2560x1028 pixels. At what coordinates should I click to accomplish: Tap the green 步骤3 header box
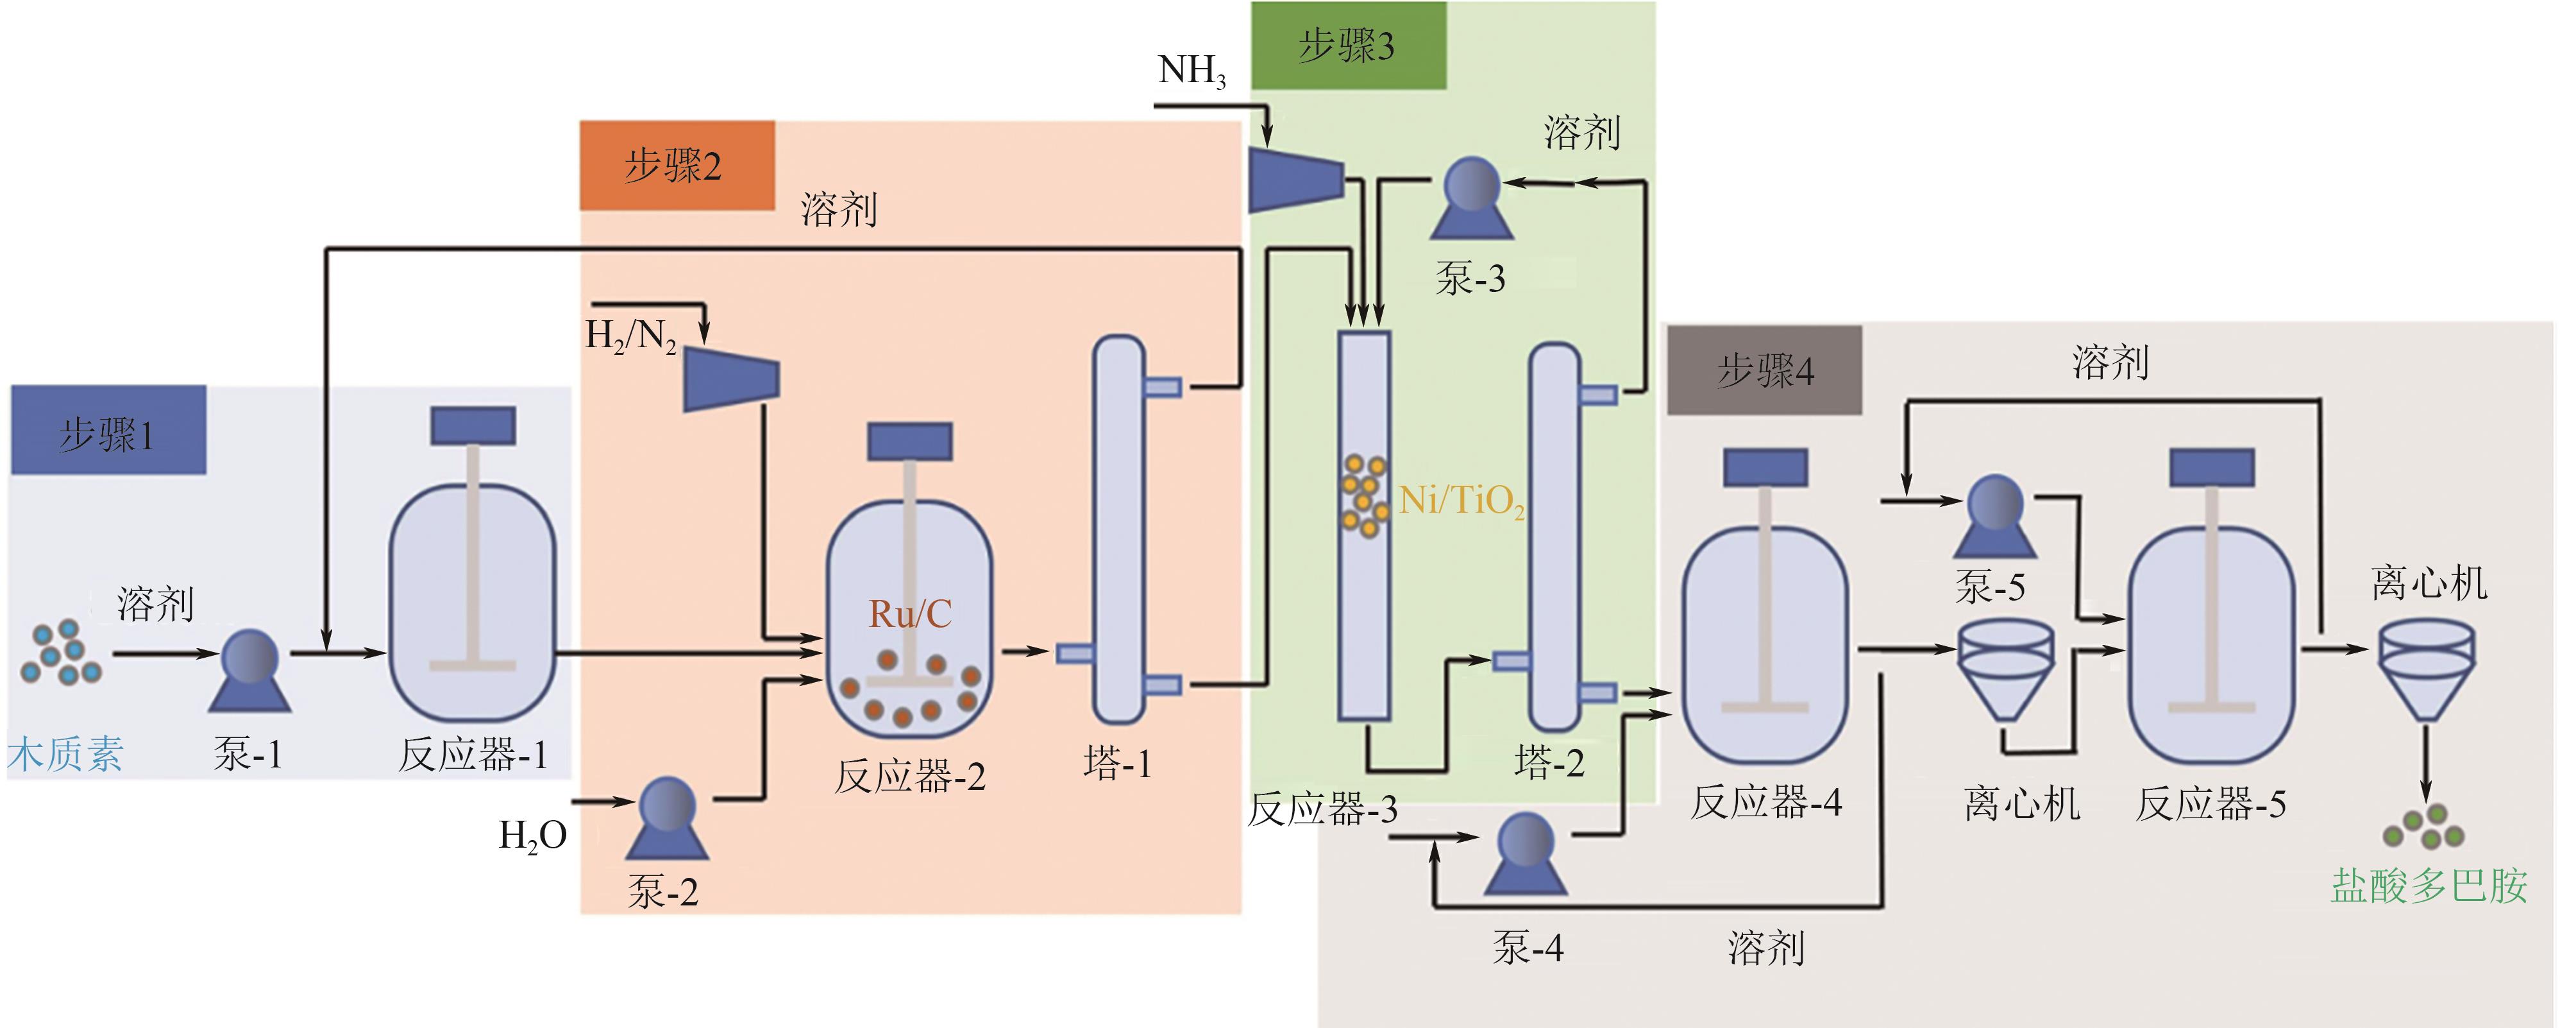[1347, 46]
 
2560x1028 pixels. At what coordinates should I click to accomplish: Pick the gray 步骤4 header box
[1764, 370]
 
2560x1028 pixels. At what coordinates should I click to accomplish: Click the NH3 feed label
[1191, 72]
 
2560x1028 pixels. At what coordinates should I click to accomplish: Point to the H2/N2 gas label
[631, 336]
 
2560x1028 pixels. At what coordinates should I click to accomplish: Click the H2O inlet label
[533, 835]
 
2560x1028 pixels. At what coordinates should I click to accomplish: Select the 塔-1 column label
[1118, 764]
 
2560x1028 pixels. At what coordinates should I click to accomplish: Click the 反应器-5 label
[2211, 803]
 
